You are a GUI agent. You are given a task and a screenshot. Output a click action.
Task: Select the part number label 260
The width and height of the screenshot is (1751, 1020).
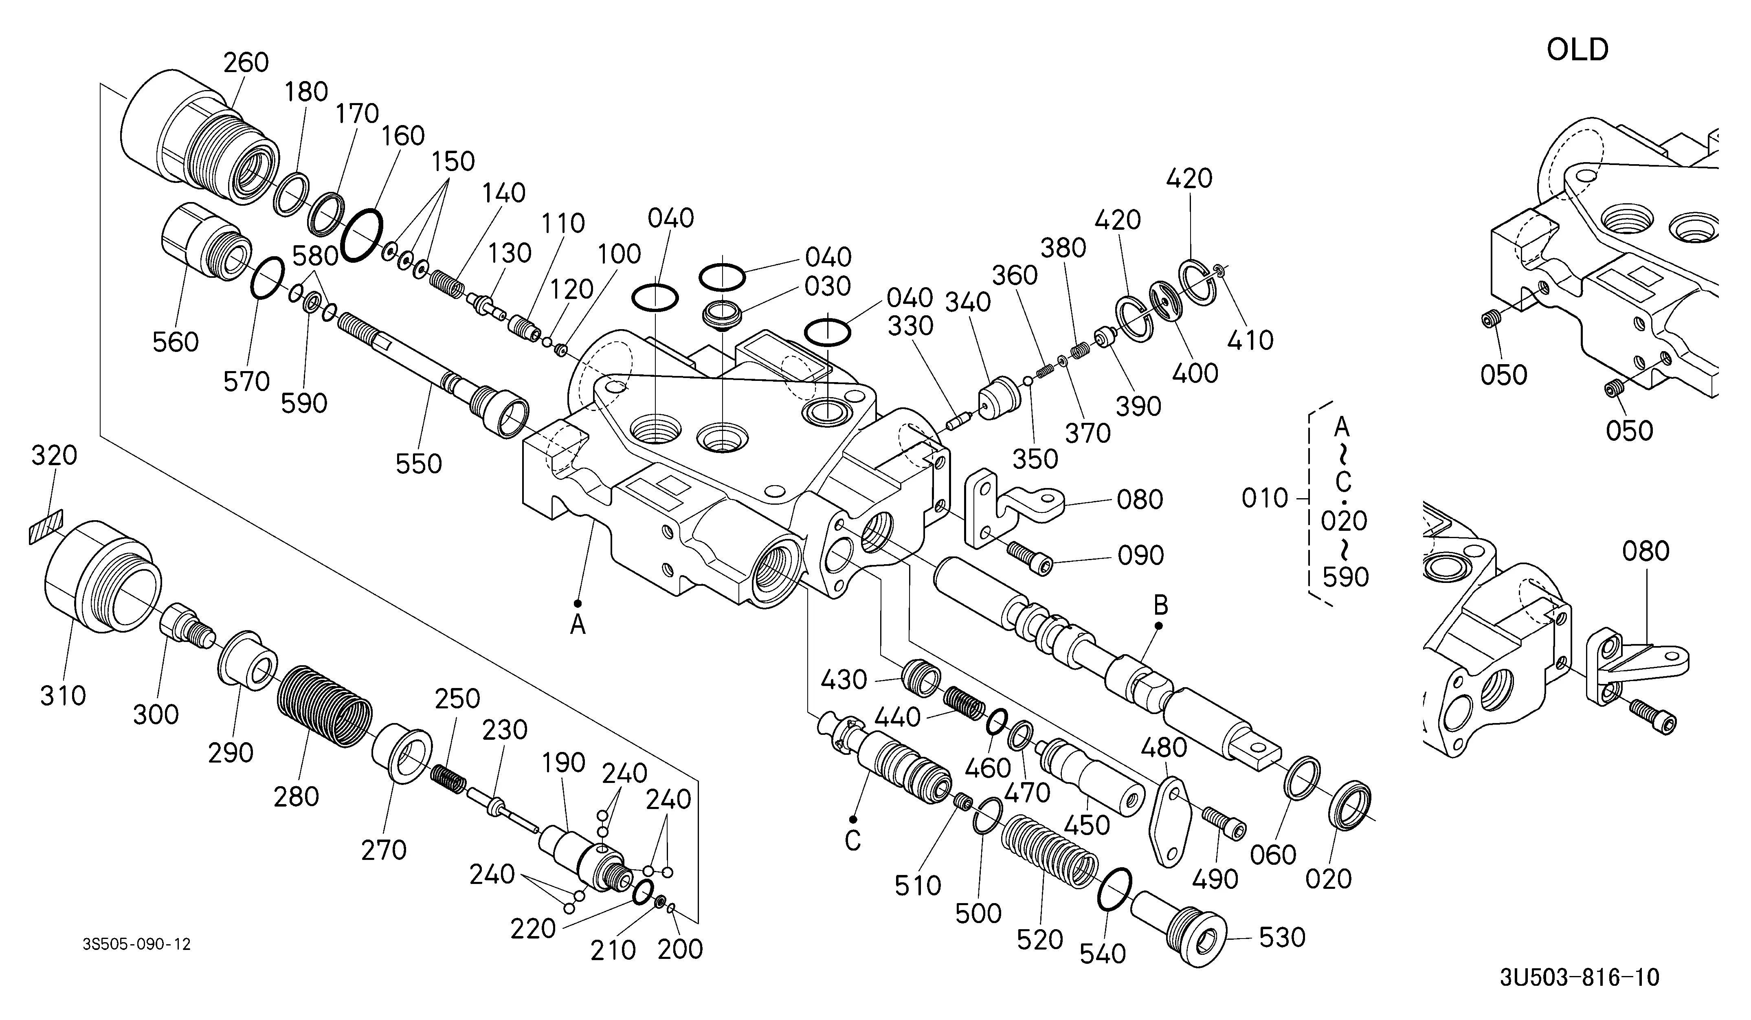tap(246, 63)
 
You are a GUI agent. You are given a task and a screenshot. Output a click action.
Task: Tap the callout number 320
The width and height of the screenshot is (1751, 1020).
tap(54, 456)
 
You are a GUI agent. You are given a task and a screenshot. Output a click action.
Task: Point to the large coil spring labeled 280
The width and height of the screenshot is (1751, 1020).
tap(325, 707)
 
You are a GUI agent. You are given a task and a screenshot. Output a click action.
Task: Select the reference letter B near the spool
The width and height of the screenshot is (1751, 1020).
tap(1160, 606)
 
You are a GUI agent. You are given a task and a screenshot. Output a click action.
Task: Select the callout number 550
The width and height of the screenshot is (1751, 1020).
tap(419, 464)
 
